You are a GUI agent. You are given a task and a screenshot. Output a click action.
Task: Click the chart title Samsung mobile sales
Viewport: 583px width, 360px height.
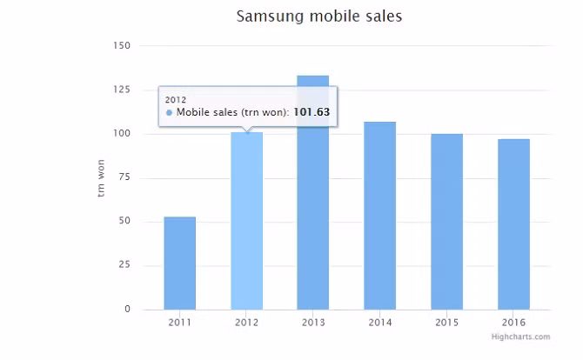pyautogui.click(x=319, y=17)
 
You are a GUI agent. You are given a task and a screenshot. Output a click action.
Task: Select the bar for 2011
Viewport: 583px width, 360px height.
pyautogui.click(x=180, y=263)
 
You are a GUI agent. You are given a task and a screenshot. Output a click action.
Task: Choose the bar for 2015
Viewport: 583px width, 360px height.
pyautogui.click(x=446, y=222)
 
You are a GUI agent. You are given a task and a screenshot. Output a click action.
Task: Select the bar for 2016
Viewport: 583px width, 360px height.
pyautogui.click(x=513, y=223)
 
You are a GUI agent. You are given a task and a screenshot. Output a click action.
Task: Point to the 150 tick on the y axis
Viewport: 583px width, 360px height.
pyautogui.click(x=122, y=45)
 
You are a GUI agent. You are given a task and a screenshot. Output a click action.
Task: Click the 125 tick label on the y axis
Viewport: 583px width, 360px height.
pyautogui.click(x=122, y=90)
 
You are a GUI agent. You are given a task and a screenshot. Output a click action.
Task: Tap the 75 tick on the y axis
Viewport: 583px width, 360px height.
pyautogui.click(x=124, y=177)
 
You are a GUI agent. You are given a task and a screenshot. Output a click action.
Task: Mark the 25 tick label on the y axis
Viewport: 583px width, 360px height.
pyautogui.click(x=124, y=265)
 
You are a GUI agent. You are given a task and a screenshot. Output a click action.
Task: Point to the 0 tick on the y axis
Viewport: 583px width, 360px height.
pyautogui.click(x=127, y=310)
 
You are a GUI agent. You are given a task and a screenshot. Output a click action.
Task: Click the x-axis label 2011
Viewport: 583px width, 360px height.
pyautogui.click(x=180, y=323)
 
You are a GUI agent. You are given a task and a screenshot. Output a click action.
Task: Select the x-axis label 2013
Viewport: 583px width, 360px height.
pyautogui.click(x=313, y=323)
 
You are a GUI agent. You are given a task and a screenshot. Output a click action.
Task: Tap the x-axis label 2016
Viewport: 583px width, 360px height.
pyautogui.click(x=513, y=323)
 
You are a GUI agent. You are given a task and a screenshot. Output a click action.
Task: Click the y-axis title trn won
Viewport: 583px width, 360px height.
pyautogui.click(x=101, y=177)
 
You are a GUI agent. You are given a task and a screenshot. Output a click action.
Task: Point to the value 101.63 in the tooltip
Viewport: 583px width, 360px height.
pyautogui.click(x=312, y=112)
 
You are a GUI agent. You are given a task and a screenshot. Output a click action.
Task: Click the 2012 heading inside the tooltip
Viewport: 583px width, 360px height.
pyautogui.click(x=176, y=99)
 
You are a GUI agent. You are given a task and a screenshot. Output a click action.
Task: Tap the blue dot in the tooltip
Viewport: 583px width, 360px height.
pyautogui.click(x=169, y=112)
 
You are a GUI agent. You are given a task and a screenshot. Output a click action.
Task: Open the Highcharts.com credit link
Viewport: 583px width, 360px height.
pyautogui.click(x=520, y=337)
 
